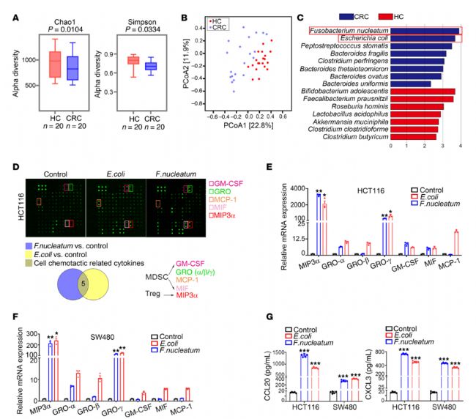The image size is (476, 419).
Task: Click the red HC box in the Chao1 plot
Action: [55, 65]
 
